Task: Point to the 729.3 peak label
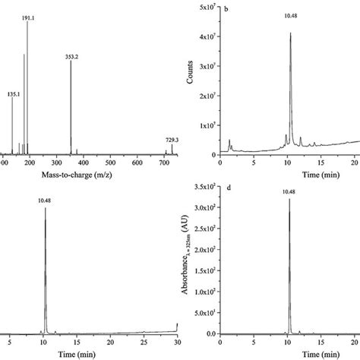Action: coord(172,139)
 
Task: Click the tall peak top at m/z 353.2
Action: coord(71,62)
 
